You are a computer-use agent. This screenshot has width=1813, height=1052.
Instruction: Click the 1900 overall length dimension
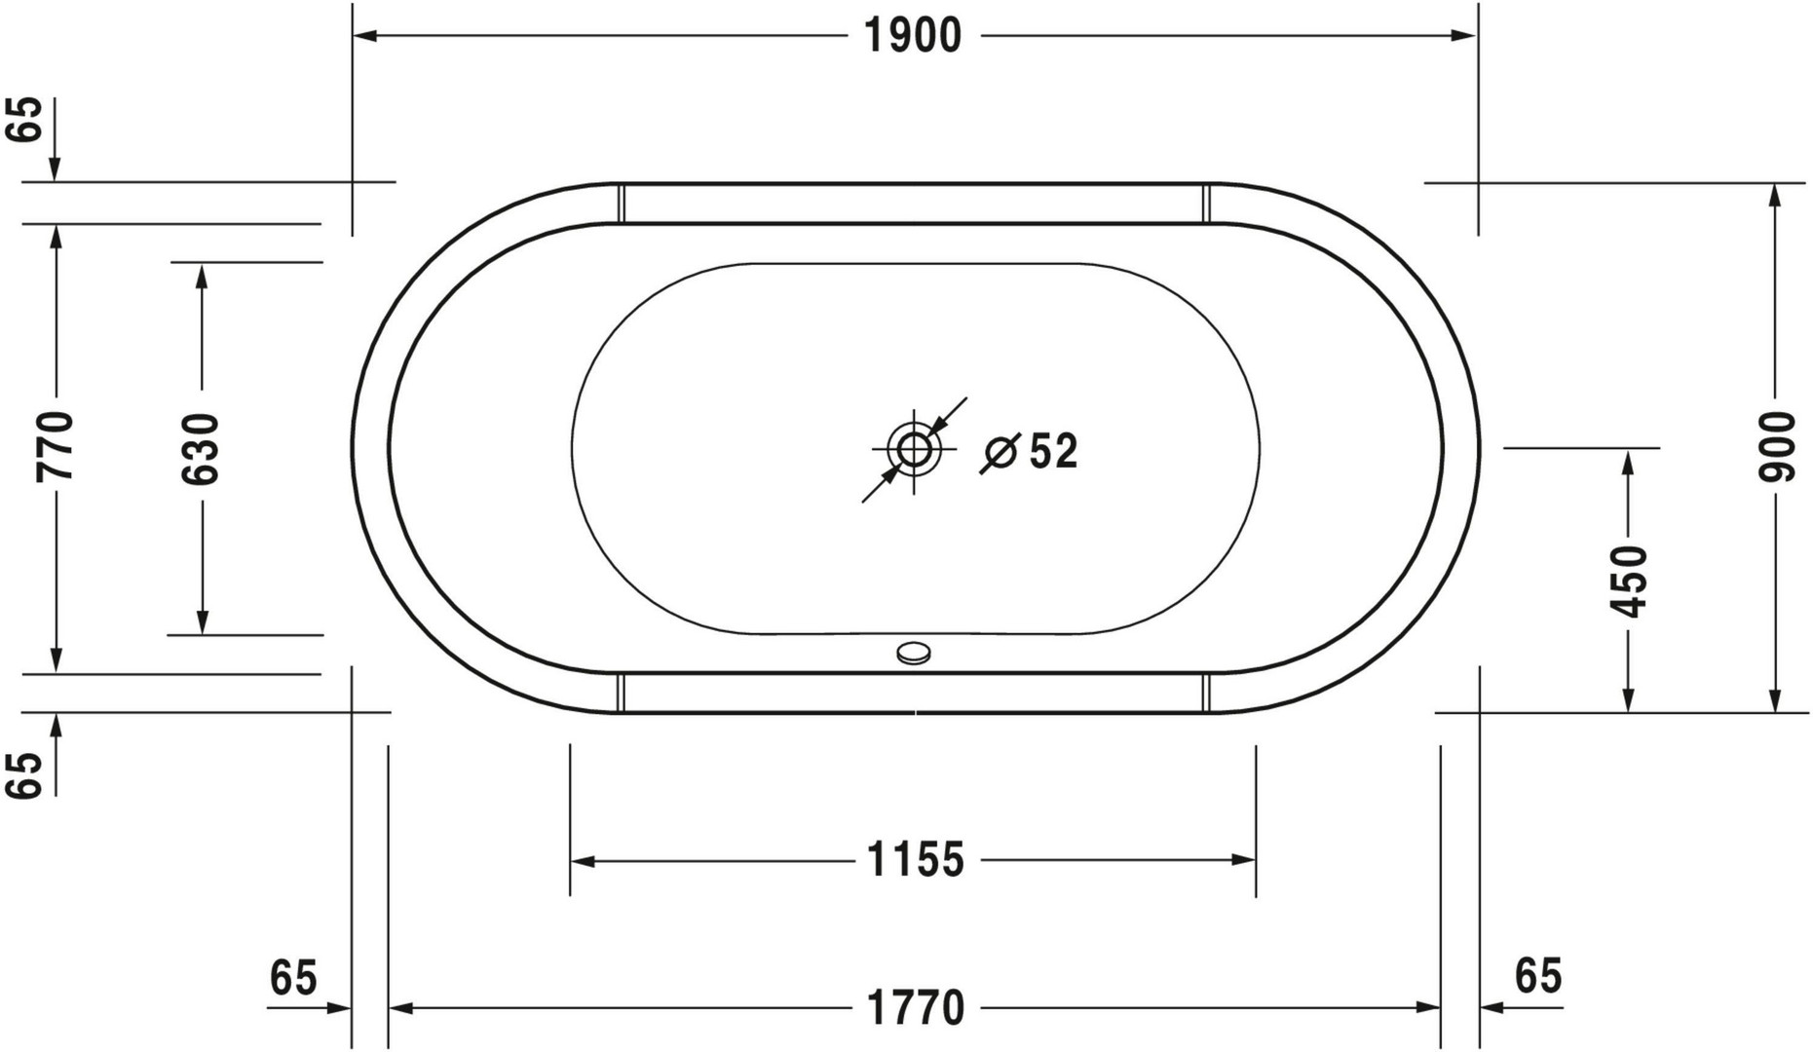coord(913,36)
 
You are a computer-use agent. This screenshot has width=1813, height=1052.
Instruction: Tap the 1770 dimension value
coord(916,1008)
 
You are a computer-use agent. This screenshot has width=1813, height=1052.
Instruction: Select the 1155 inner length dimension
coord(916,860)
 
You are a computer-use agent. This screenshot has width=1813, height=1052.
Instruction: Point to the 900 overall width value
coord(1777,447)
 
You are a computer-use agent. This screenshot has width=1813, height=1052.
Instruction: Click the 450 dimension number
coord(1629,582)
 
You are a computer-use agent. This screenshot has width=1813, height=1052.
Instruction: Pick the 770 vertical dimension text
coord(55,446)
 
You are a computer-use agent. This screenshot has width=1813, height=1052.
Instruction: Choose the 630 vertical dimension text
coord(202,449)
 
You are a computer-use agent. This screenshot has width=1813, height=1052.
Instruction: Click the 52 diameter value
coord(1054,451)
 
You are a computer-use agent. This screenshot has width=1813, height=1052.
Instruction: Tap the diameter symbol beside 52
coord(1000,453)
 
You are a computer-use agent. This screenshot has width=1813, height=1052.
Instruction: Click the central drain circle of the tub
coord(914,449)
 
